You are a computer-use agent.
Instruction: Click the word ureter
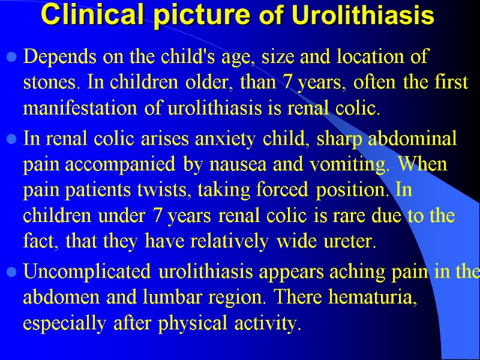(353, 241)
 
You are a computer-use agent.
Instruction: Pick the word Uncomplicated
(88, 271)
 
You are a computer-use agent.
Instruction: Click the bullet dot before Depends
(10, 59)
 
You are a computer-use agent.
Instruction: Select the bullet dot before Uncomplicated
(10, 272)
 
